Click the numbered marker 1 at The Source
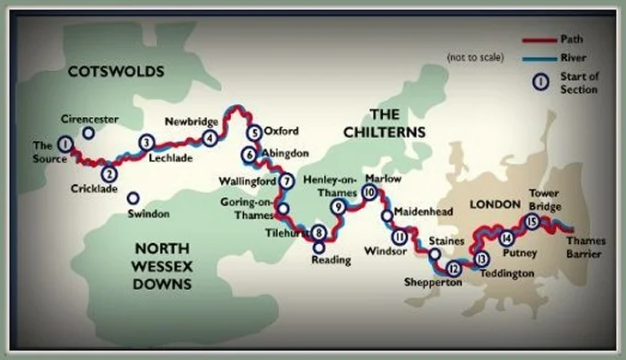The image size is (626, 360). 64,144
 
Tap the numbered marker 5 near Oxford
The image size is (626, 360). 255,132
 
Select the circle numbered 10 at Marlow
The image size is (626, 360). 369,193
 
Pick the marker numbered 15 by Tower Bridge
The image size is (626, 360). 530,221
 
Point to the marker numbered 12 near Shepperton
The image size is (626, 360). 453,269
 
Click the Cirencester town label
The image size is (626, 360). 89,120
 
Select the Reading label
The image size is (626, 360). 330,261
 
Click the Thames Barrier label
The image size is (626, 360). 586,247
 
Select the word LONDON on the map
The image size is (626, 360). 495,203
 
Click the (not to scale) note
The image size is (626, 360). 476,58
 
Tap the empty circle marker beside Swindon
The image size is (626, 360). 133,198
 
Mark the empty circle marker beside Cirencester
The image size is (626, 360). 88,134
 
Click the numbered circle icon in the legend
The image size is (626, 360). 541,81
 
